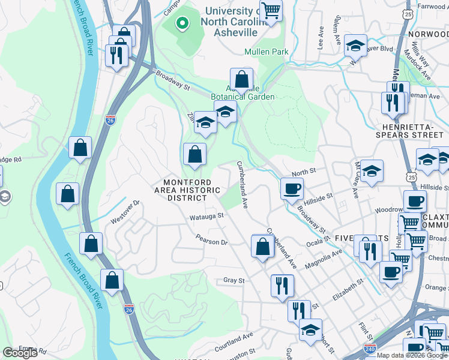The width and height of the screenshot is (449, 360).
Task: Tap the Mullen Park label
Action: pos(266,52)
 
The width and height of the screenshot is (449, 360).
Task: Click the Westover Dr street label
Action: pos(125,212)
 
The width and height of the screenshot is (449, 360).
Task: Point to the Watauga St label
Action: pos(206,216)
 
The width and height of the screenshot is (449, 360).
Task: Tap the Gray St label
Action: pos(234,280)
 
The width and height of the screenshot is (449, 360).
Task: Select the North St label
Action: pos(304,172)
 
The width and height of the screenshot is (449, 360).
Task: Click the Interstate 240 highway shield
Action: pos(370,349)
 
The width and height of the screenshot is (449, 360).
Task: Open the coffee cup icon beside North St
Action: pos(292,188)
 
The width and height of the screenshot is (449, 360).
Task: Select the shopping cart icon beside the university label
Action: pos(271,10)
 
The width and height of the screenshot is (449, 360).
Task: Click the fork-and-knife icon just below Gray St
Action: pos(282,285)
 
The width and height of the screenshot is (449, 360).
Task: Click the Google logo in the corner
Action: pos(20,353)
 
